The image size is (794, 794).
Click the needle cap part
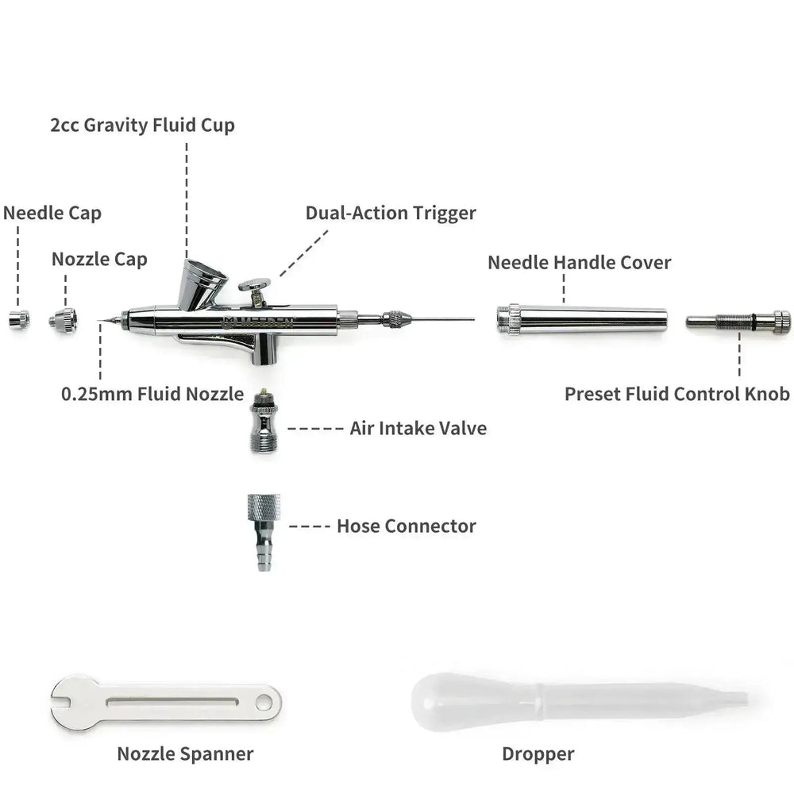(19, 320)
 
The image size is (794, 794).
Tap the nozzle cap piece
(64, 320)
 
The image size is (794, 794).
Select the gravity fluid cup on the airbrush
(202, 284)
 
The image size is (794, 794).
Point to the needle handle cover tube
(582, 319)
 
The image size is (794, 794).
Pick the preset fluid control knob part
(738, 322)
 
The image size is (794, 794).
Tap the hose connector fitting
(264, 532)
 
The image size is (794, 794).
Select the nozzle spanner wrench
(166, 703)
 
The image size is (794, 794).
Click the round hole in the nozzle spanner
(264, 703)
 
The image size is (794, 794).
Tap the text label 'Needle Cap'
(52, 213)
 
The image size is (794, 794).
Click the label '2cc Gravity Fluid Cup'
(142, 125)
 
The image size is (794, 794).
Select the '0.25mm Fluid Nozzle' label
(152, 394)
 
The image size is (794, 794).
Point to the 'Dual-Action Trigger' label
(391, 213)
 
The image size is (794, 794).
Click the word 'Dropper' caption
(538, 754)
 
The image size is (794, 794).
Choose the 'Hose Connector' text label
(407, 526)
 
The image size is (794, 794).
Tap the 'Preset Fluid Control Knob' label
(677, 394)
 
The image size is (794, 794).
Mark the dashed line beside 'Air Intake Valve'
(315, 429)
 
